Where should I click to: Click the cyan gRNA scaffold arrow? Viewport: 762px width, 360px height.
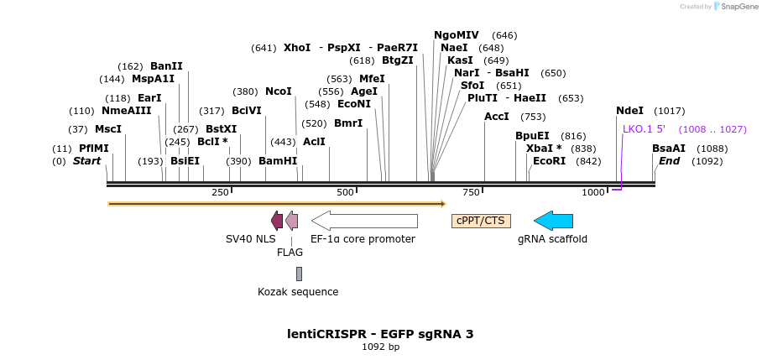pos(553,221)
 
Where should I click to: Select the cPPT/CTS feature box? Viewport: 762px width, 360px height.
pos(481,221)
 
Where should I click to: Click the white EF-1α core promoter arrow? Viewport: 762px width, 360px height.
pos(364,221)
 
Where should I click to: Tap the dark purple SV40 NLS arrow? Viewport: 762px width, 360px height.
pos(277,221)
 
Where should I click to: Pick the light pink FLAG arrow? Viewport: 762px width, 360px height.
pos(291,221)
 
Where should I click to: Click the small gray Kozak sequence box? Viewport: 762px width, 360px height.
pos(299,274)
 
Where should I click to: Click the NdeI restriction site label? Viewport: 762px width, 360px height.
pos(629,111)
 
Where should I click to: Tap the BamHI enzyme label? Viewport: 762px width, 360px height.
pos(278,161)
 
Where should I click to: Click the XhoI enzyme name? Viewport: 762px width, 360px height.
pos(297,48)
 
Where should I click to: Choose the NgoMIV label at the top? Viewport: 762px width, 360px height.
pos(457,35)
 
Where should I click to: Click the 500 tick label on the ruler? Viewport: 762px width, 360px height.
pos(345,193)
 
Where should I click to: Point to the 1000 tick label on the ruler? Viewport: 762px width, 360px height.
pos(593,193)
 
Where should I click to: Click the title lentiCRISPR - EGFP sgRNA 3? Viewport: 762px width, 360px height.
pos(380,334)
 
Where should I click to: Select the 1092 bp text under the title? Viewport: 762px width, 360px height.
pos(380,347)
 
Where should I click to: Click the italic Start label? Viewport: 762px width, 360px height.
pos(86,161)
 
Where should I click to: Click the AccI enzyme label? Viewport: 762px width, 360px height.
pos(497,117)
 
